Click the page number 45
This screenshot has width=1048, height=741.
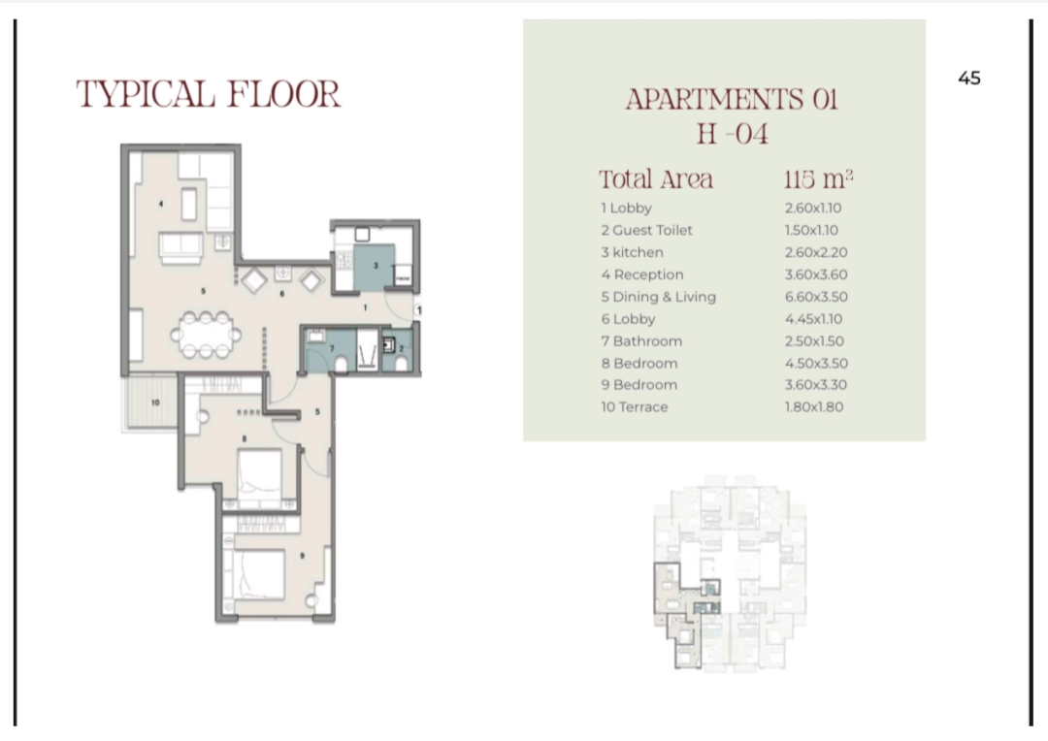point(969,79)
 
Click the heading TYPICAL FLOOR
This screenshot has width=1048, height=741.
point(209,94)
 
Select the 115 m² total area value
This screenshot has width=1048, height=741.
point(818,179)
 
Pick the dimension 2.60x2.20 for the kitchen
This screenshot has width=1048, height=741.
point(815,252)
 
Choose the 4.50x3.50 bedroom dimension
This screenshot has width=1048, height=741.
point(816,364)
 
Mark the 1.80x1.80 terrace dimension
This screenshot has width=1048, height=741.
point(814,407)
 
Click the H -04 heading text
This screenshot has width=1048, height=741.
point(732,134)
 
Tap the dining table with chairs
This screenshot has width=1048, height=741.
point(206,334)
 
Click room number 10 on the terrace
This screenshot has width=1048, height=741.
point(155,403)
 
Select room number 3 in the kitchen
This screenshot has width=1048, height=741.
point(376,266)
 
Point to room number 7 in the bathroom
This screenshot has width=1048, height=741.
point(332,348)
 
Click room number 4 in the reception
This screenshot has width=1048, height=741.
point(160,204)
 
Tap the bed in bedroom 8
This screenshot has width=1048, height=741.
point(259,476)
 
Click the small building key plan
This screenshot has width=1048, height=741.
point(729,574)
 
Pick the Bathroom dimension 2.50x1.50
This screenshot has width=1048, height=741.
point(814,341)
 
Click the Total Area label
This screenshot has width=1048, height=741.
point(656,179)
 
